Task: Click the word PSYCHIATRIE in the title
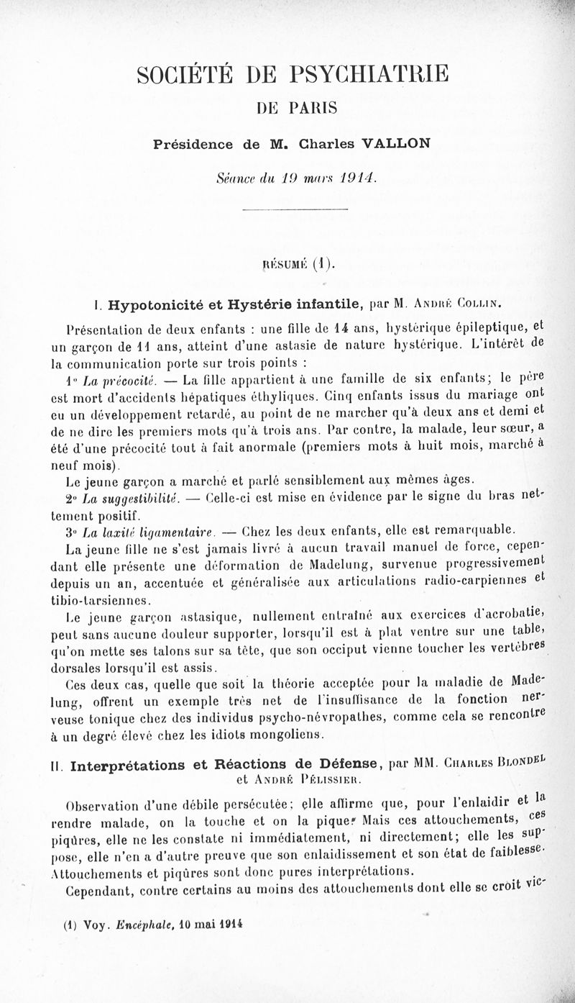pos(371,74)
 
